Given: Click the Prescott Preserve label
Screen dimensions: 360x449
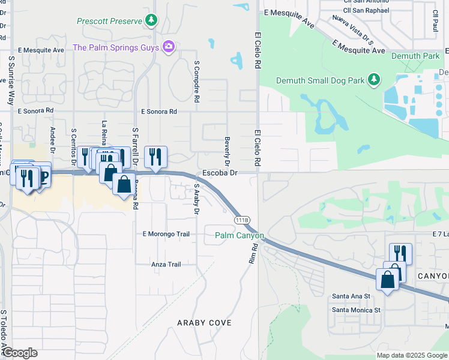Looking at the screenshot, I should click(x=109, y=21).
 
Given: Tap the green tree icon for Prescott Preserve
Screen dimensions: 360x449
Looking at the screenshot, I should click(x=151, y=21).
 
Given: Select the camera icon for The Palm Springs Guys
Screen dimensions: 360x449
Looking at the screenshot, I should click(x=169, y=47).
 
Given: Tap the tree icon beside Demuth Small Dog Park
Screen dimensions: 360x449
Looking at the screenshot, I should click(x=375, y=79).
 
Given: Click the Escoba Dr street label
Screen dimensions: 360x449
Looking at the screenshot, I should click(x=220, y=173).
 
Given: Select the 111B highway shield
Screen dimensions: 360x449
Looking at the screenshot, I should click(x=242, y=220).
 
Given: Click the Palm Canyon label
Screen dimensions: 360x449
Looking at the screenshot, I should click(x=240, y=235).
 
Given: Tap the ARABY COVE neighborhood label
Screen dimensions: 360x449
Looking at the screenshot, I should click(x=204, y=323).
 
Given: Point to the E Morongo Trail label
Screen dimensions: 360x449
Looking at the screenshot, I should click(x=166, y=233).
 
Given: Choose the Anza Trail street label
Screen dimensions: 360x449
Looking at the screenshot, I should click(x=166, y=264).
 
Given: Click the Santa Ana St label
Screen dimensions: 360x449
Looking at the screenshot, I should click(x=351, y=296).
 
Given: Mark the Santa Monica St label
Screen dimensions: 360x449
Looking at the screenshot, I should click(x=357, y=310).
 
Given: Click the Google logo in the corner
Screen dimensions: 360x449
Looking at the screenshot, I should click(x=20, y=352).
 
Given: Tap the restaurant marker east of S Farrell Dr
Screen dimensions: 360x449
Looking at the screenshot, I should click(x=155, y=157).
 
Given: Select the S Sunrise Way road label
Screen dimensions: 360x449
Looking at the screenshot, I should click(x=11, y=81).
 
